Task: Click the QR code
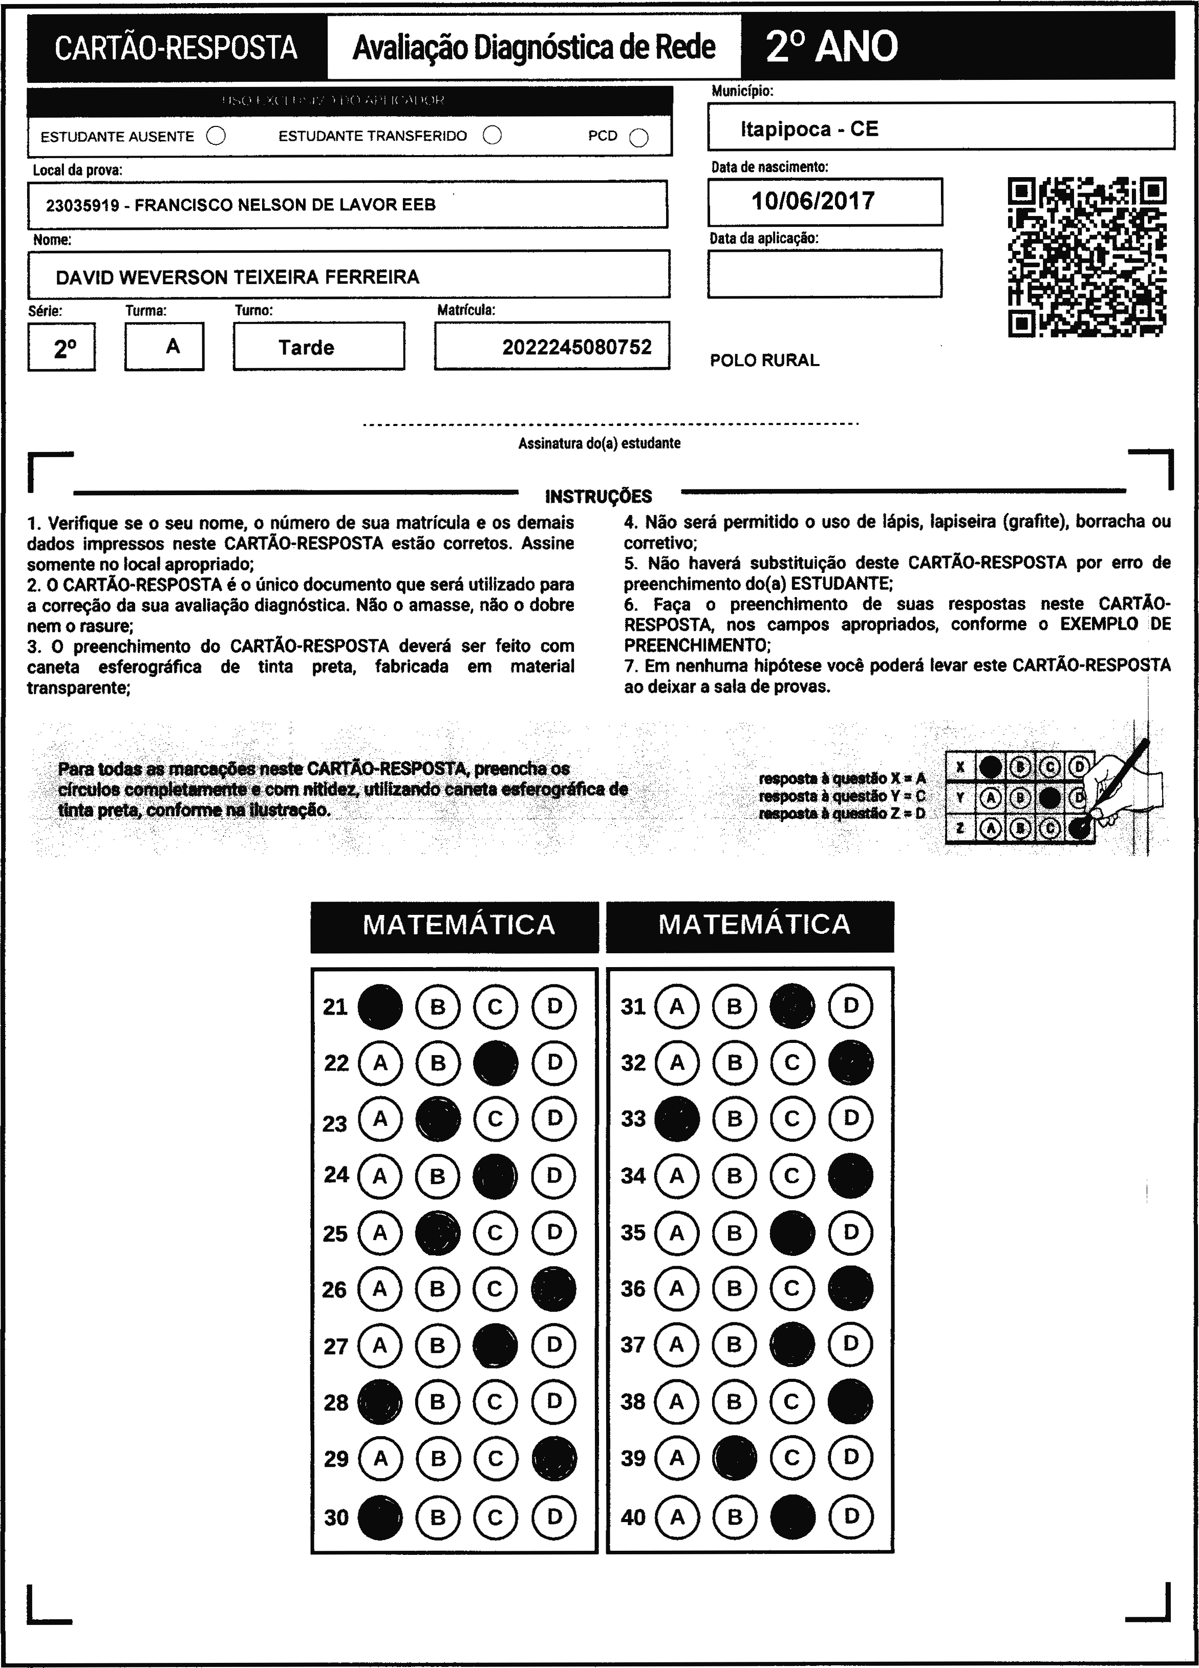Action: click(x=1086, y=256)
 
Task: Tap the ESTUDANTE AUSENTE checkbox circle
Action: click(x=216, y=136)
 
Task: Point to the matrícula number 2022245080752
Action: click(x=576, y=347)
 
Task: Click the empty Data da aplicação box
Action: click(x=824, y=273)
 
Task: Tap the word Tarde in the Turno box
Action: click(x=306, y=347)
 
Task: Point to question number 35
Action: click(x=633, y=1233)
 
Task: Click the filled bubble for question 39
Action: click(x=734, y=1458)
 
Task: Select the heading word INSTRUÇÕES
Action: click(x=598, y=497)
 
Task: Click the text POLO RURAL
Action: click(x=764, y=360)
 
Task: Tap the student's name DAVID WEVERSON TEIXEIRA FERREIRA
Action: click(x=238, y=277)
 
